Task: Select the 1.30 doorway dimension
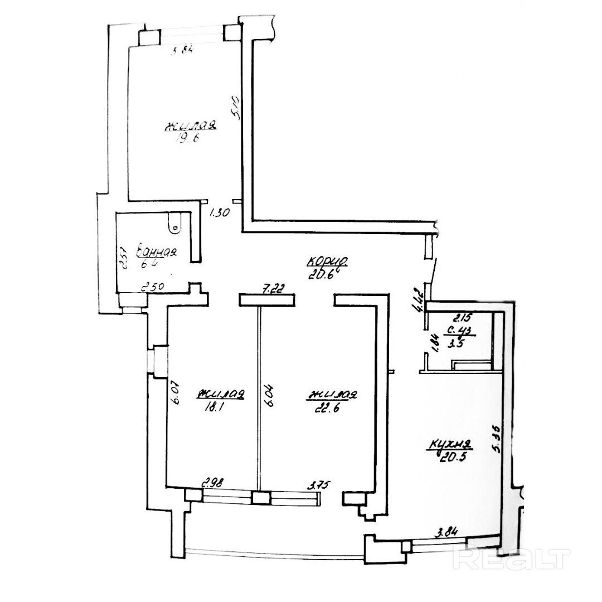point(219,212)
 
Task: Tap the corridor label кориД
point(329,260)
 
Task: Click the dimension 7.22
point(274,289)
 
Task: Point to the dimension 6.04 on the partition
point(270,396)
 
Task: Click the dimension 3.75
point(319,484)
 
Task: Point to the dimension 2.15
point(462,319)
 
